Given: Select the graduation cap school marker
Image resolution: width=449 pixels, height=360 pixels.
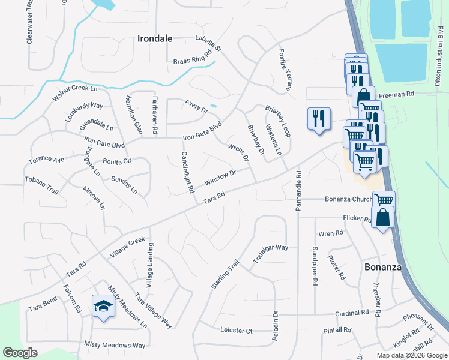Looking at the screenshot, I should click(103, 307).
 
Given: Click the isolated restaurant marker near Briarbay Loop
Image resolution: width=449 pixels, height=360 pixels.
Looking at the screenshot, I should click(318, 118).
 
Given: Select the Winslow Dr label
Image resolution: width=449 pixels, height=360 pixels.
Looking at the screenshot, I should click(220, 177).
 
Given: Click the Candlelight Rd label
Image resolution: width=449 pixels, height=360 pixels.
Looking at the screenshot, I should click(187, 172).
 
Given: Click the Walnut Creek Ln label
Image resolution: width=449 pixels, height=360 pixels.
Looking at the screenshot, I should click(74, 93).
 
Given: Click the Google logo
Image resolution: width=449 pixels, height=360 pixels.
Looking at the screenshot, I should click(20, 353).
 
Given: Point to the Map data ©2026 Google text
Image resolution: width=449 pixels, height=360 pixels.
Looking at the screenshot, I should click(411, 355).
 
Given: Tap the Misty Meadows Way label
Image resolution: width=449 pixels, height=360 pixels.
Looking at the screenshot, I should click(115, 345).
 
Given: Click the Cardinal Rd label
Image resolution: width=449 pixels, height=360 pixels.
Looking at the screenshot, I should click(352, 313).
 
